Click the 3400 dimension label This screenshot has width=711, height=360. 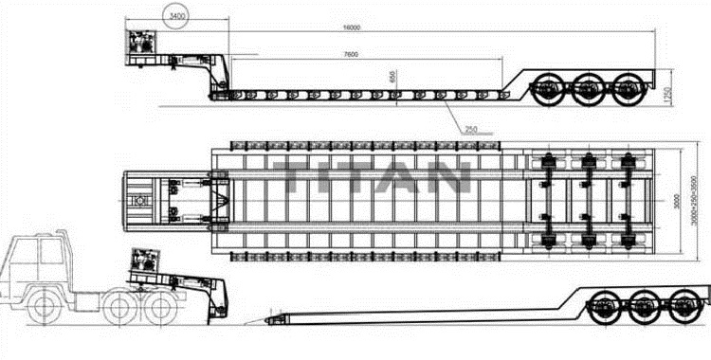pyautogui.click(x=175, y=17)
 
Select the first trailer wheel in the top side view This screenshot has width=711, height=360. pyautogui.click(x=549, y=92)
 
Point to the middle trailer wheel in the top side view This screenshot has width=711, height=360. pyautogui.click(x=588, y=92)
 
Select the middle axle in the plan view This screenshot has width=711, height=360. pyautogui.click(x=587, y=199)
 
